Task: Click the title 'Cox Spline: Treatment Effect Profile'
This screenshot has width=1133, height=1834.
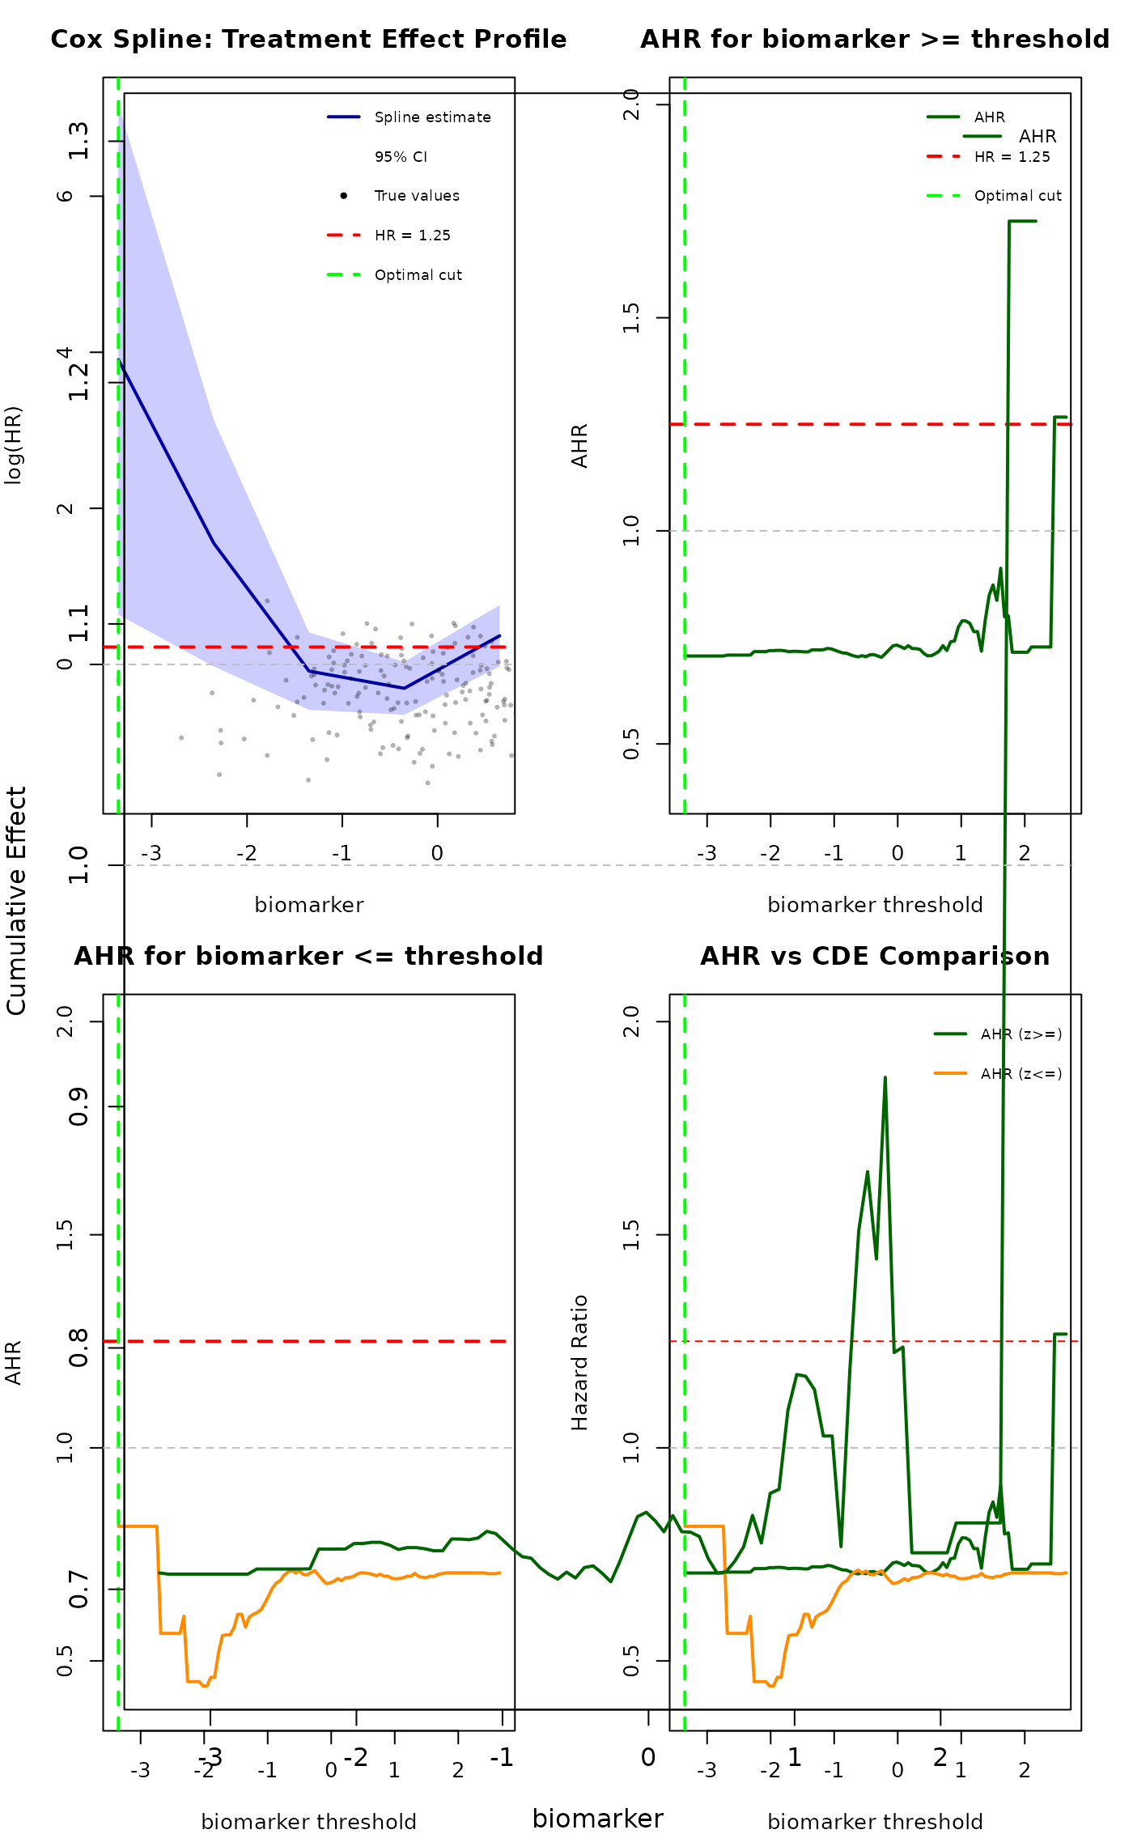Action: [x=308, y=40]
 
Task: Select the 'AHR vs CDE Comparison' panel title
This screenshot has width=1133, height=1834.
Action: [x=875, y=957]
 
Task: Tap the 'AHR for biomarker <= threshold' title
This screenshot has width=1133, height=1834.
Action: [x=308, y=957]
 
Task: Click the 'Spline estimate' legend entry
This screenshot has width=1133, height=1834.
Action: [x=432, y=117]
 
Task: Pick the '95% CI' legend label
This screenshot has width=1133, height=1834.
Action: [x=401, y=157]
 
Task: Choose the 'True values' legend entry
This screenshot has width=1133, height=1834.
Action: [x=417, y=196]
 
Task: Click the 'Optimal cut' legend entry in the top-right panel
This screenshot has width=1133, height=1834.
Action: [x=1017, y=196]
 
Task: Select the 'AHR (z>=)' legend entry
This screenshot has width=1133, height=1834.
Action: [x=1021, y=1034]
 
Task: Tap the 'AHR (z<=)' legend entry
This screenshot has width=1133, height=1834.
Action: [x=1021, y=1074]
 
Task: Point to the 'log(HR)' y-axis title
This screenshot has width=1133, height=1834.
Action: [x=14, y=445]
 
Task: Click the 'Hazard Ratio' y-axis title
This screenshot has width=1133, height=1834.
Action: [x=579, y=1363]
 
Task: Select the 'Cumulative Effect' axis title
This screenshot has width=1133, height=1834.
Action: [x=16, y=900]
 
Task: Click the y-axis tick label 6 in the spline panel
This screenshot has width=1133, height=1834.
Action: [x=66, y=196]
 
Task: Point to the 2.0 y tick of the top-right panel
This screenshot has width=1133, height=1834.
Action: [x=632, y=104]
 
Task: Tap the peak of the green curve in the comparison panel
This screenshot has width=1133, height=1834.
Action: [x=885, y=1077]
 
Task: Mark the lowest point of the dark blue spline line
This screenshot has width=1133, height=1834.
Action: [x=405, y=688]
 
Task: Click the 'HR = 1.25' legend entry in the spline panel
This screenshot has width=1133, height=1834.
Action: [x=412, y=236]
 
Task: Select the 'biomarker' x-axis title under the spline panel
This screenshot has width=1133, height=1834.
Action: [x=308, y=905]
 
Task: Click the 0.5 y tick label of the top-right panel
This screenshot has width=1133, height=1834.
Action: [x=632, y=743]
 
